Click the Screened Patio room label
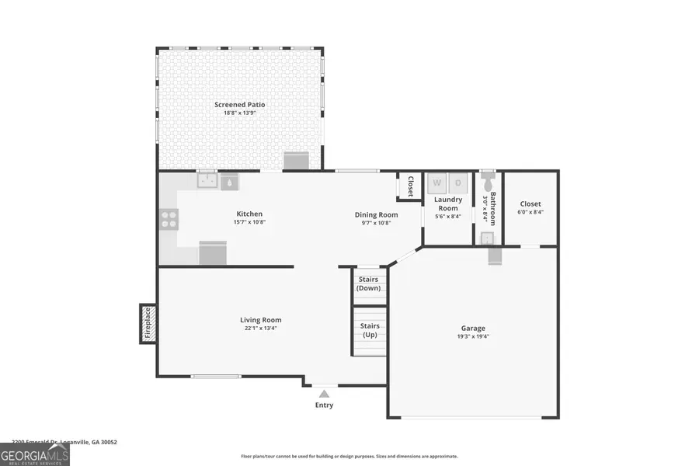tap(240, 104)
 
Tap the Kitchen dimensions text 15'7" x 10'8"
tap(249, 223)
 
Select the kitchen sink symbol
tap(207, 182)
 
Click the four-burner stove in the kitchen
tap(169, 220)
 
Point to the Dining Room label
tap(377, 214)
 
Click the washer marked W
tap(437, 183)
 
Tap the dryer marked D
tap(458, 183)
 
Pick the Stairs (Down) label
tap(369, 283)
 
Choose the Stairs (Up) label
tap(370, 330)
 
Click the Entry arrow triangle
tap(324, 394)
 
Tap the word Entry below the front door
tap(324, 405)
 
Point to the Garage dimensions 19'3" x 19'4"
tap(473, 337)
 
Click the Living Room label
tap(260, 320)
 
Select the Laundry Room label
tap(448, 203)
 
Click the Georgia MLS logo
tap(35, 454)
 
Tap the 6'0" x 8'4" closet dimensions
tap(530, 212)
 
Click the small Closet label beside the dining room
tap(410, 186)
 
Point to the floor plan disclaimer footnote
tap(349, 457)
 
